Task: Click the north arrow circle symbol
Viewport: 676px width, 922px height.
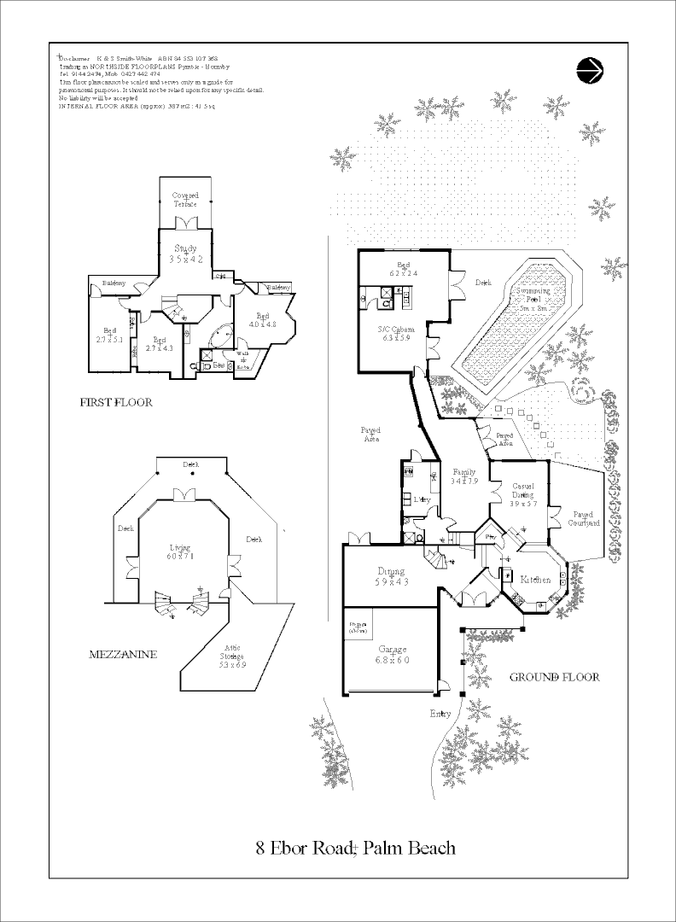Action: coord(590,70)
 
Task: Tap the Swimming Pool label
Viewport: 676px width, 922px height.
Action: coord(533,295)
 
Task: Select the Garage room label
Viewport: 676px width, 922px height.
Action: coord(393,655)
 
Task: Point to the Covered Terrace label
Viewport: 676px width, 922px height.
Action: coord(185,200)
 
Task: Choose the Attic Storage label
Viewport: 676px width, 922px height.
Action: coord(231,656)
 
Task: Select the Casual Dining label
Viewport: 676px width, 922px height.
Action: coord(522,491)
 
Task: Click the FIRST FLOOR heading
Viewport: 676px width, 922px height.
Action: coord(116,402)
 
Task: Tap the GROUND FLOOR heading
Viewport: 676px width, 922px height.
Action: coord(554,677)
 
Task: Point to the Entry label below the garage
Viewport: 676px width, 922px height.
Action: coord(441,714)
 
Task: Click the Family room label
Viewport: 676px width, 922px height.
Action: coord(464,477)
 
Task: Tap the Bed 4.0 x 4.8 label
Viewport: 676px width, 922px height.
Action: coord(263,320)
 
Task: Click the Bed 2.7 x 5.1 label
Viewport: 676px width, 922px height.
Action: coord(111,336)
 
